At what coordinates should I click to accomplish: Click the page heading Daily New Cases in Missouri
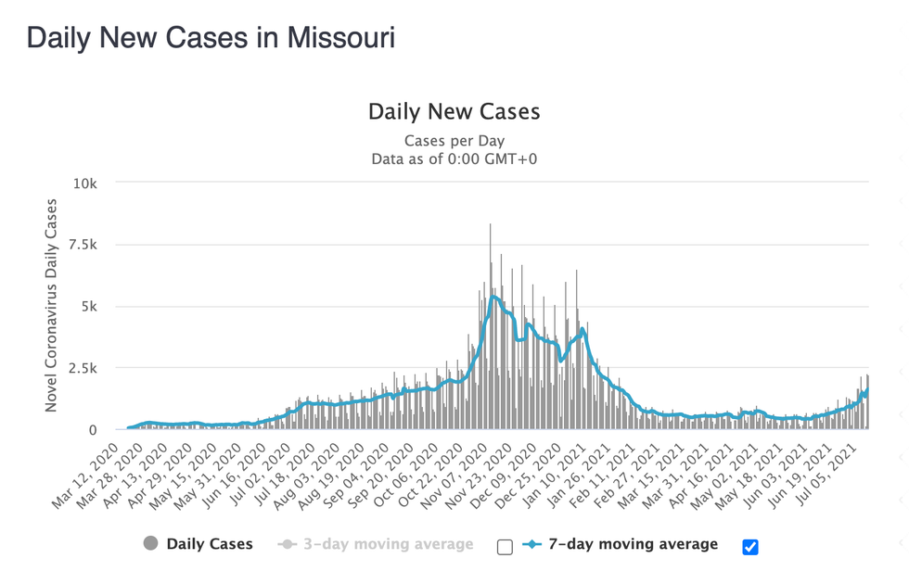(x=211, y=38)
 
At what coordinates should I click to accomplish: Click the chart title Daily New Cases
(x=454, y=112)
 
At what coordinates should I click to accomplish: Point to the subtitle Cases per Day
(x=454, y=141)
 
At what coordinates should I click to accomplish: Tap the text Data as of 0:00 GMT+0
(x=454, y=159)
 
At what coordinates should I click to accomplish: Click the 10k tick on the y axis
(x=86, y=184)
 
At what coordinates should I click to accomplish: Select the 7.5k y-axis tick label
(x=82, y=245)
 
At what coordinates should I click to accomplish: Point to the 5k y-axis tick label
(x=90, y=307)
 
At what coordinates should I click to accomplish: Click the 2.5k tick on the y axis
(x=82, y=368)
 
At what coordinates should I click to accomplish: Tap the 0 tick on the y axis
(x=94, y=430)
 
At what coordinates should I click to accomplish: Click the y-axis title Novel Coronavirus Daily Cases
(x=52, y=306)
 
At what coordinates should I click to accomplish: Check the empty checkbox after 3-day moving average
(x=505, y=546)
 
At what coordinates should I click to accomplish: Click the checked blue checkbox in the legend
(x=750, y=546)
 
